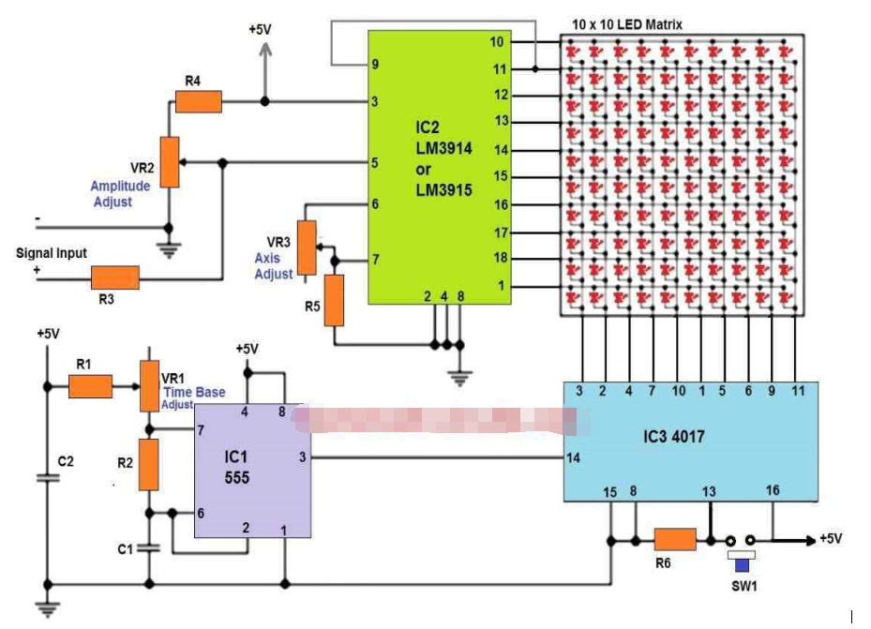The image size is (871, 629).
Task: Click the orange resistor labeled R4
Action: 199,101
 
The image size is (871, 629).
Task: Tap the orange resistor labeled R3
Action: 115,277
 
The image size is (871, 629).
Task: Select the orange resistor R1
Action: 91,385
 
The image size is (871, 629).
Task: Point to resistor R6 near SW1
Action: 675,539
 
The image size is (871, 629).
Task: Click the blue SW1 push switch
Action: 743,563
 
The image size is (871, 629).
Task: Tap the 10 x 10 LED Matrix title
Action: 626,23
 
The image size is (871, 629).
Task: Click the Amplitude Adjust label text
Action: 120,194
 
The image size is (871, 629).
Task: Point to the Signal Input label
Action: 52,253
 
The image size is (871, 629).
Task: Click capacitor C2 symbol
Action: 45,477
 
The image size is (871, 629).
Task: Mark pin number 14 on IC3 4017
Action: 574,457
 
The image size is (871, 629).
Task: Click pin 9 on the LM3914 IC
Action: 375,65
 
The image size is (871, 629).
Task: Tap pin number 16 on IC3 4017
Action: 773,490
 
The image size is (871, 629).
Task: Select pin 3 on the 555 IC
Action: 302,457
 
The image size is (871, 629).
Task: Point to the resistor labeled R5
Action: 335,300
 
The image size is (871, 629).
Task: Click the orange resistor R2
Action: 148,465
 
